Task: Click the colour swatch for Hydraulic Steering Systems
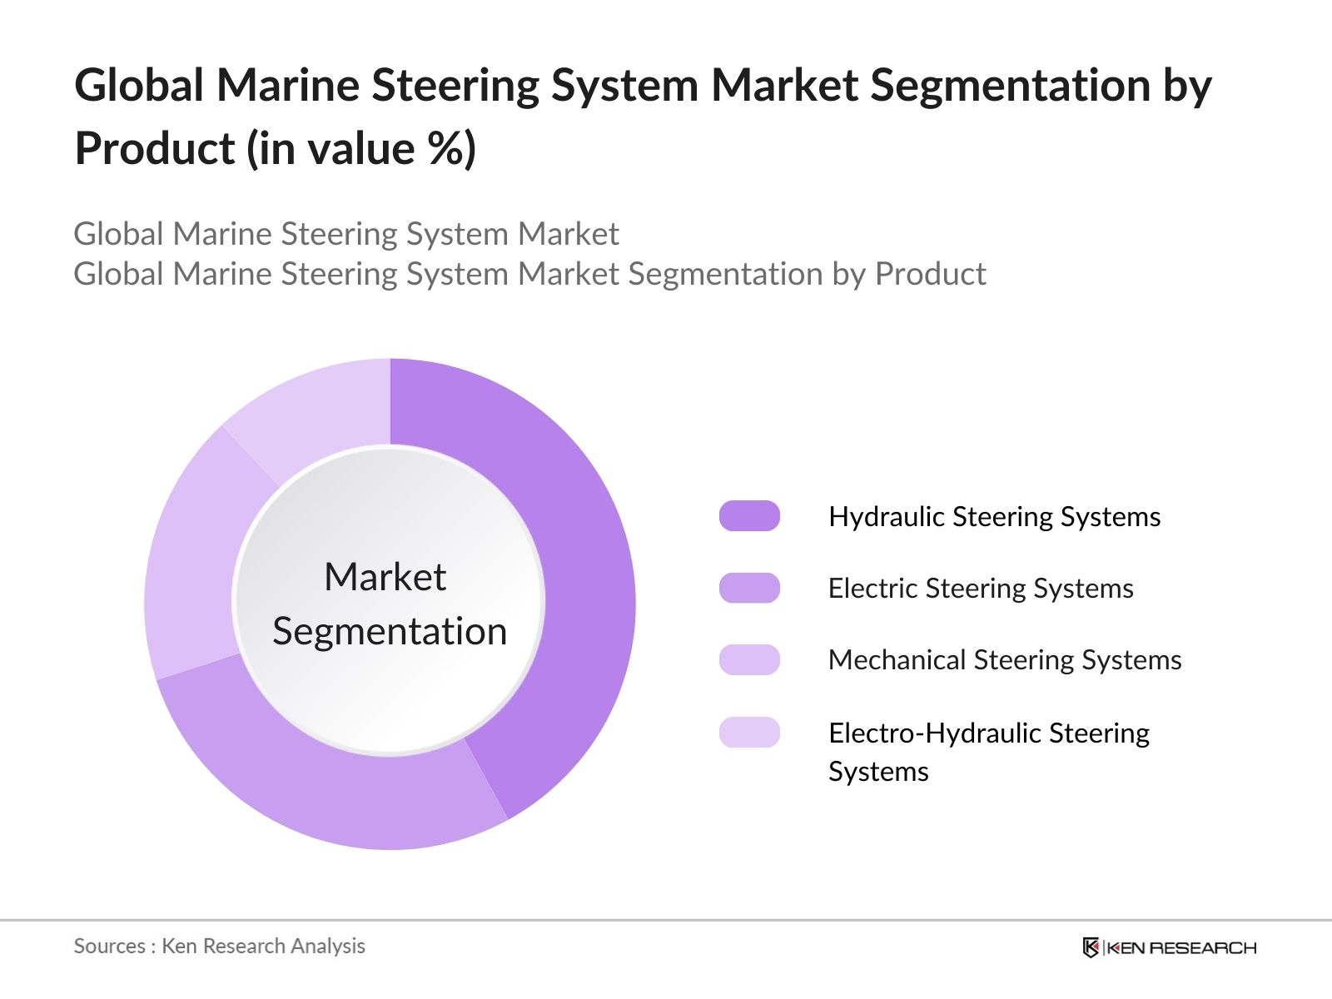(x=749, y=516)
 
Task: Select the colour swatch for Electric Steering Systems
(x=749, y=588)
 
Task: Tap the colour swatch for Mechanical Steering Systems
(x=749, y=659)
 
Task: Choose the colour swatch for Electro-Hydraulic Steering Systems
(x=749, y=733)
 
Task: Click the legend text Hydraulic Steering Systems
(x=994, y=517)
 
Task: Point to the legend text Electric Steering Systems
(x=981, y=589)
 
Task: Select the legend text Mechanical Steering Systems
(x=1005, y=660)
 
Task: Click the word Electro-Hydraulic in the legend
(x=934, y=733)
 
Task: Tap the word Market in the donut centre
(x=385, y=577)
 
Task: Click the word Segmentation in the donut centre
(x=390, y=631)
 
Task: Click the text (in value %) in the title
(x=360, y=149)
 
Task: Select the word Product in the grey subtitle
(x=931, y=274)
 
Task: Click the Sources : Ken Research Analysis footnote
(x=220, y=947)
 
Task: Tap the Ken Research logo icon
(x=1091, y=947)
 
